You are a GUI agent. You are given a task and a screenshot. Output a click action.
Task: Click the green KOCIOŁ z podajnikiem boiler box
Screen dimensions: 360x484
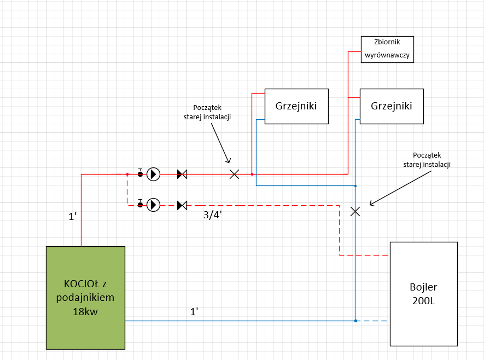85,298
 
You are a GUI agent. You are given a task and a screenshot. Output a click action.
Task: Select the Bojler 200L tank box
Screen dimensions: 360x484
423,293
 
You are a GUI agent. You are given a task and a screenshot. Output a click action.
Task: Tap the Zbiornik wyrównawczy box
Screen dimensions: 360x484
387,49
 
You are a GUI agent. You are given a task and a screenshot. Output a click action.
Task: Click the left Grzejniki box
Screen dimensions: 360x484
296,106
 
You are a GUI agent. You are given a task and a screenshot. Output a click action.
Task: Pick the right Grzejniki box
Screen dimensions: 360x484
392,106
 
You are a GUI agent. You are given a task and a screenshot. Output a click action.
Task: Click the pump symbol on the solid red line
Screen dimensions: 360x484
154,174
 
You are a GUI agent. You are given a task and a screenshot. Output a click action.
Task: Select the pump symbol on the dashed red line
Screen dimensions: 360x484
154,205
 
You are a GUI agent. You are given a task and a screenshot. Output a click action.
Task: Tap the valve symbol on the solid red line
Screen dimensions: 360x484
182,174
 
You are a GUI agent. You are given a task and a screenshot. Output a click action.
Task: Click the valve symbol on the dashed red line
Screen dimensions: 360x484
182,205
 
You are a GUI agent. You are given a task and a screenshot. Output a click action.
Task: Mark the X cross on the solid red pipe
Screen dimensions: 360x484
234,174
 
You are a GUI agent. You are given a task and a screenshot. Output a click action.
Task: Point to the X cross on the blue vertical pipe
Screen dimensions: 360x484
355,211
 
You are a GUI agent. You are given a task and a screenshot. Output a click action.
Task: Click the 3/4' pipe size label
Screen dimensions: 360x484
213,216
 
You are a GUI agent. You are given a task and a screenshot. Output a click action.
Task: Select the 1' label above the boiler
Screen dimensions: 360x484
72,217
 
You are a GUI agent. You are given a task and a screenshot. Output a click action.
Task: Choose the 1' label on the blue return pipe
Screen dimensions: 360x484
194,312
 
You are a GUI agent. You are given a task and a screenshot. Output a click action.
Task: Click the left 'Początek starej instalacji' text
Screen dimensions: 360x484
206,112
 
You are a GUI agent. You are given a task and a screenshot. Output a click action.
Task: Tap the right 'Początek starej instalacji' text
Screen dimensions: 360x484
427,159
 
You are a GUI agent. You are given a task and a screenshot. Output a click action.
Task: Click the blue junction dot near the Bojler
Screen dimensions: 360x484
355,321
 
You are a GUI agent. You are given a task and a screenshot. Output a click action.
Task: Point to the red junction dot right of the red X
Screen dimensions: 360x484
252,174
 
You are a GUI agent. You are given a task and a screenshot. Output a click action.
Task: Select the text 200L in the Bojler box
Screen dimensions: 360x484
423,300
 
